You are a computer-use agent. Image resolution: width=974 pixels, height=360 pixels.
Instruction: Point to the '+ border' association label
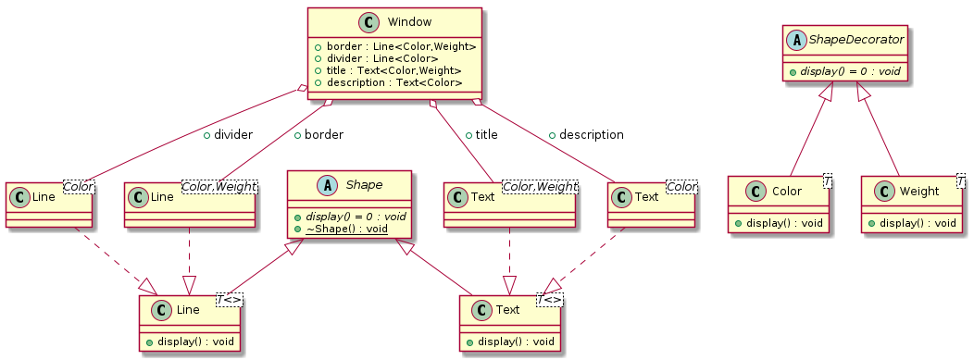point(318,134)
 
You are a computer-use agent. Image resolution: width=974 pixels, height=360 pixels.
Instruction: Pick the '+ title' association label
point(481,134)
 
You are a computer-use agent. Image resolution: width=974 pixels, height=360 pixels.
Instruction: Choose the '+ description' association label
point(585,134)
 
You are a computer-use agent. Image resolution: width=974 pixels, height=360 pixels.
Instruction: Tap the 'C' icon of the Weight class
point(882,191)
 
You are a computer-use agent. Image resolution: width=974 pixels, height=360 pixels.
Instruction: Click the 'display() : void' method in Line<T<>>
point(194,341)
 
